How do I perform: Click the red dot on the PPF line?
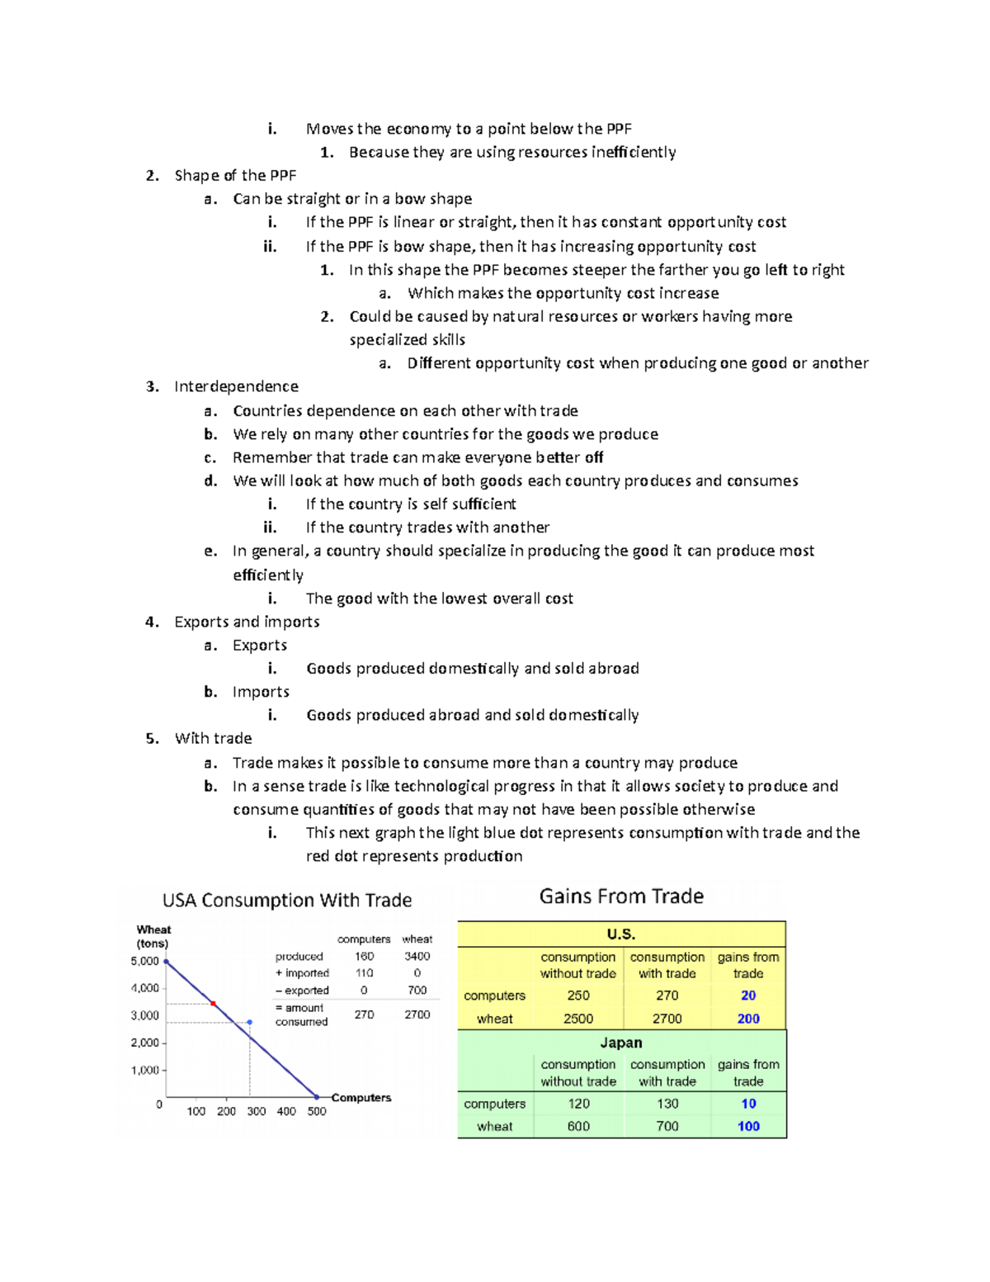[213, 1003]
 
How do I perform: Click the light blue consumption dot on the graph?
[250, 1022]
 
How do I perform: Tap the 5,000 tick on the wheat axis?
[145, 961]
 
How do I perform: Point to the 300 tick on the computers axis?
[256, 1111]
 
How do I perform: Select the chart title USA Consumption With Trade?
[287, 900]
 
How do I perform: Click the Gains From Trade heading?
[621, 896]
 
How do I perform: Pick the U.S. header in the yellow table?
[621, 934]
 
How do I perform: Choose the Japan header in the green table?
[621, 1043]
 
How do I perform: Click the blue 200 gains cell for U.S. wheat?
[748, 1019]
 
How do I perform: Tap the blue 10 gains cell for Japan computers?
[748, 1104]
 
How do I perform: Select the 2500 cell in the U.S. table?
[577, 1019]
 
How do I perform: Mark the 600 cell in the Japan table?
[577, 1126]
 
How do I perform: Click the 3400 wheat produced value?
[417, 956]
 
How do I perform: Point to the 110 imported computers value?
[364, 973]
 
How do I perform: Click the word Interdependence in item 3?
[236, 386]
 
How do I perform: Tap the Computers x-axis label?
[361, 1098]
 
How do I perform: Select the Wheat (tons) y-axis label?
[153, 936]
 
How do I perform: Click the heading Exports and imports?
[247, 622]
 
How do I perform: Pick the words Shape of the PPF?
[235, 175]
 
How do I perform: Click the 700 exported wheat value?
[417, 990]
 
